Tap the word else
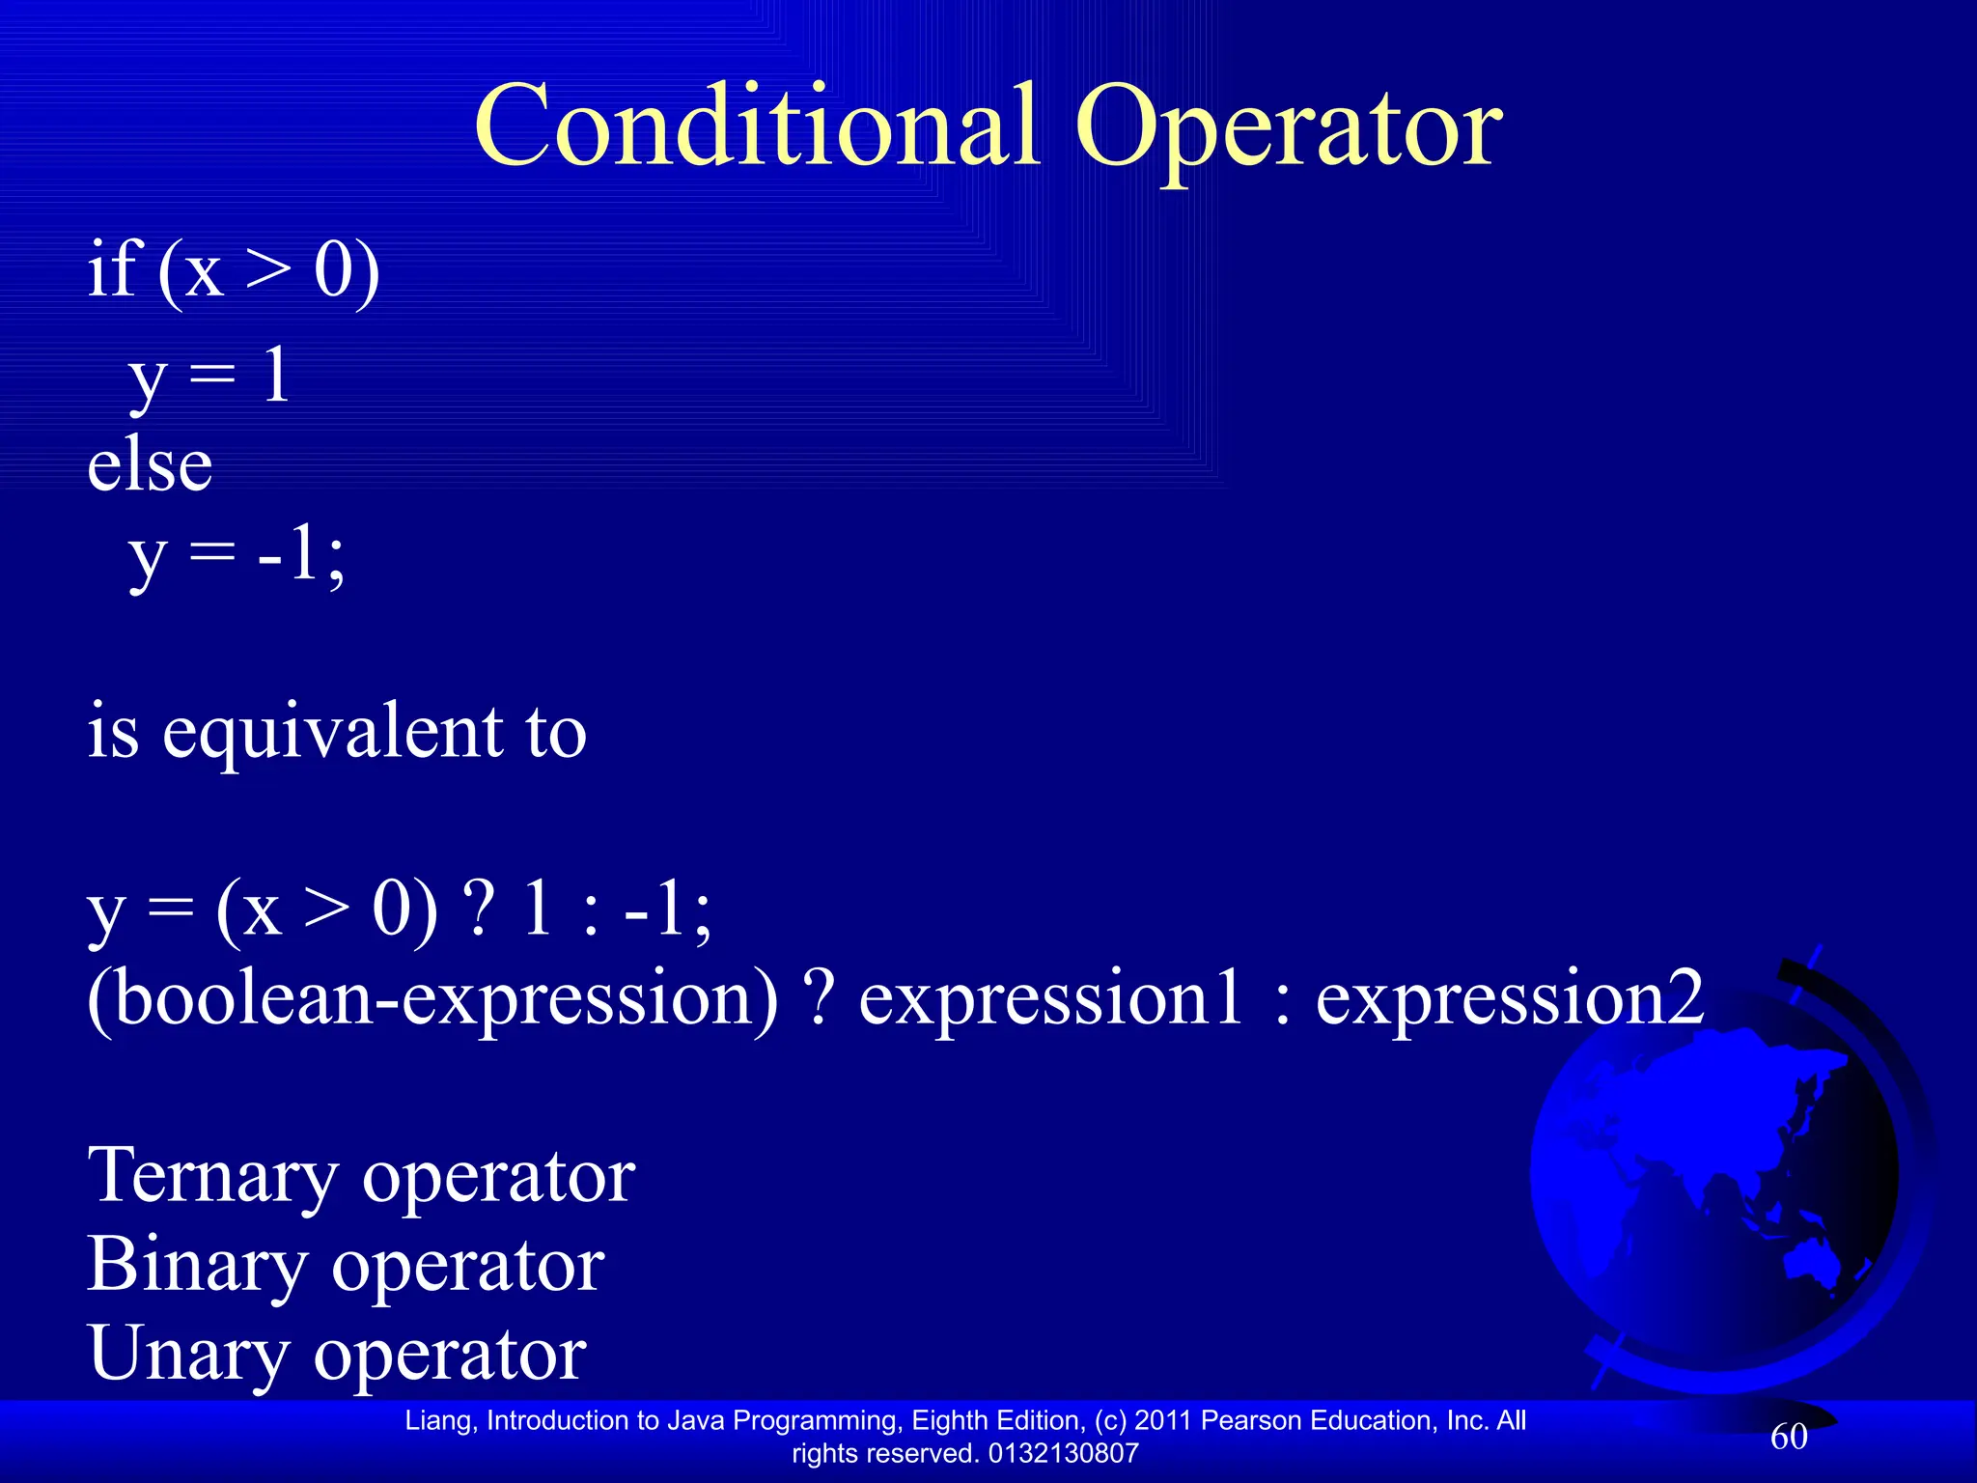click(150, 466)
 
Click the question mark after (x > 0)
click(479, 909)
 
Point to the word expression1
click(1049, 998)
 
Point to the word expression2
click(1510, 998)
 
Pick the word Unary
click(188, 1354)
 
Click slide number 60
click(1789, 1437)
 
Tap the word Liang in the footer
click(439, 1420)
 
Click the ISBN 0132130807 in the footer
click(1064, 1453)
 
